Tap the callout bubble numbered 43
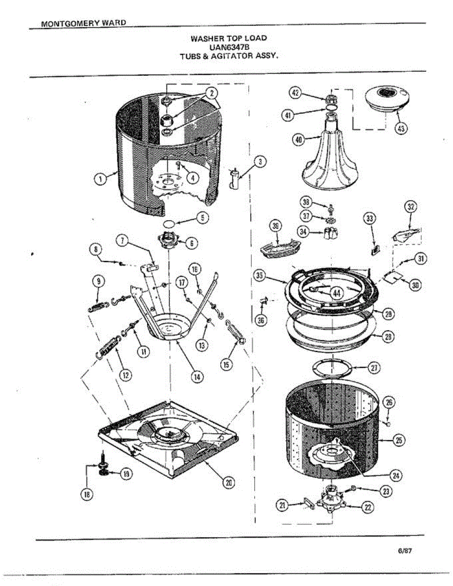coord(401,129)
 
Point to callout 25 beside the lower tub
coord(399,440)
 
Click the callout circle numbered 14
coord(197,377)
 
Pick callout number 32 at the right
coord(411,207)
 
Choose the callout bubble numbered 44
coord(337,293)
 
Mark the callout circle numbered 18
coord(87,495)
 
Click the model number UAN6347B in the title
coord(222,47)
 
